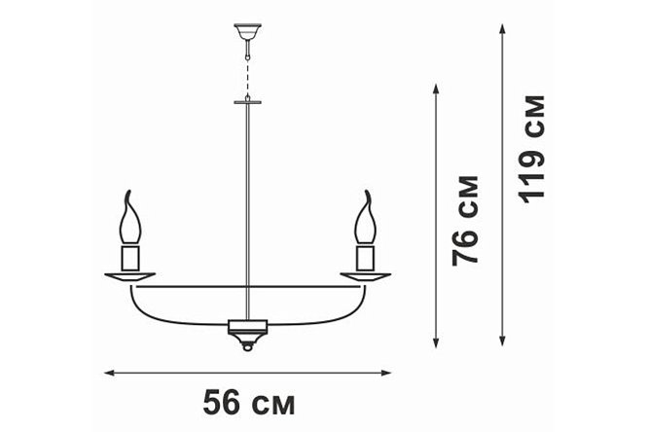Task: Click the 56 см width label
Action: coord(249,402)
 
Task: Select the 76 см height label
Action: coord(465,220)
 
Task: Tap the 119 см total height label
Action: coord(532,149)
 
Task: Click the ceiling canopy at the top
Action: coord(247,31)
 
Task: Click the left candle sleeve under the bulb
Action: coord(130,258)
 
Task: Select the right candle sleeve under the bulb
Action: coord(365,258)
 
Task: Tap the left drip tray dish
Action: coord(129,277)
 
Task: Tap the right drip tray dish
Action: coord(366,277)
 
